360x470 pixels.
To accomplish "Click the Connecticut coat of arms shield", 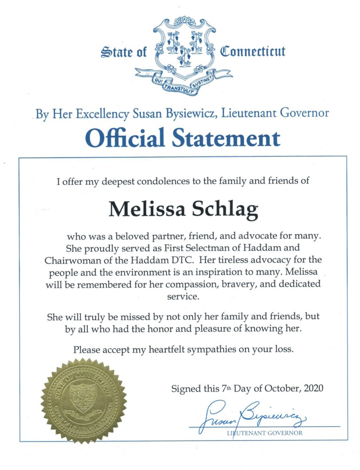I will coord(184,48).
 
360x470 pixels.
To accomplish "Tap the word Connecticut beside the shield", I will coord(253,51).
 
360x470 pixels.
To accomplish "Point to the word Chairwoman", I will coord(68,260).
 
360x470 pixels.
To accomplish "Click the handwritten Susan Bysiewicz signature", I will coord(251,416).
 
